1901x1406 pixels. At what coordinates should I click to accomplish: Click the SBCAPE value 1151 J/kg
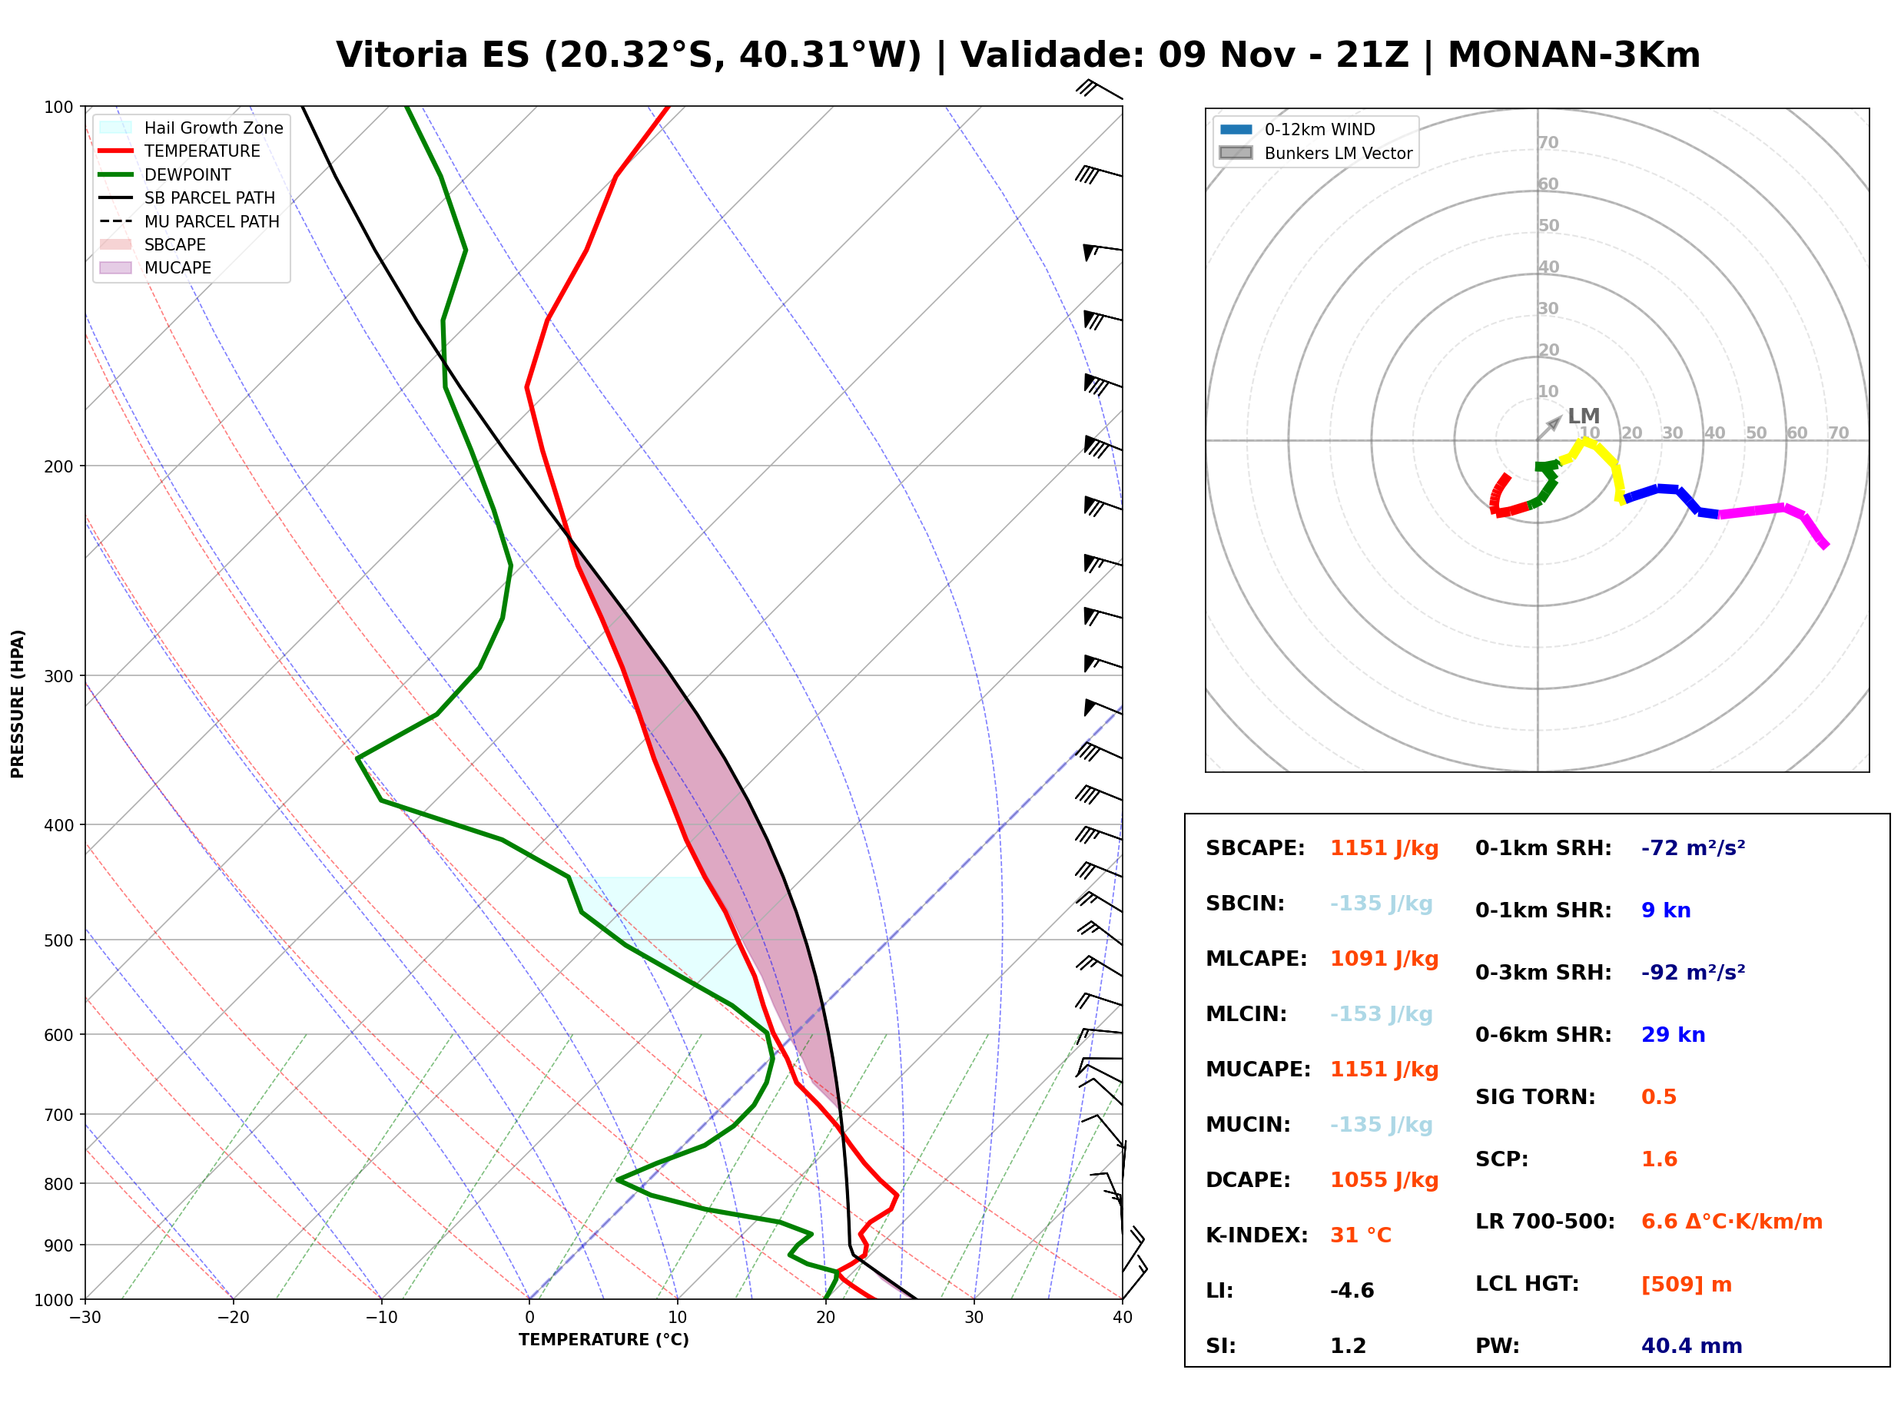pos(1385,848)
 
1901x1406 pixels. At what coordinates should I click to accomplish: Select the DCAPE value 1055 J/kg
pos(1385,1180)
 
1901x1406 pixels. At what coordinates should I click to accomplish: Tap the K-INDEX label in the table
pos(1257,1235)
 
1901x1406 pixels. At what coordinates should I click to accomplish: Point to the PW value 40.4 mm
pos(1692,1346)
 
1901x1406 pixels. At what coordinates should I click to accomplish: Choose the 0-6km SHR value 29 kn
pos(1673,1035)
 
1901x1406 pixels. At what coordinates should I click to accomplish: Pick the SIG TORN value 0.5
pos(1658,1097)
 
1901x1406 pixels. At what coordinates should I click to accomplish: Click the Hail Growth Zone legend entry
pos(191,128)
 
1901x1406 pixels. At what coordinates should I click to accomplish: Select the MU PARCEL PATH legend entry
pos(190,221)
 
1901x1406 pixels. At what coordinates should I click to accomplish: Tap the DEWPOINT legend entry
pos(165,174)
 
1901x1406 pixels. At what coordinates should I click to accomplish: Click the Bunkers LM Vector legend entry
pos(1316,153)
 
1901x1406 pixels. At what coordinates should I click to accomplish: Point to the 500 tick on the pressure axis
pos(61,940)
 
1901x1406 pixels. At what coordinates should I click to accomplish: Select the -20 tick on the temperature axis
pos(233,1318)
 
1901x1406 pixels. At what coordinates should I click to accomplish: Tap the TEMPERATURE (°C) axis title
pos(604,1341)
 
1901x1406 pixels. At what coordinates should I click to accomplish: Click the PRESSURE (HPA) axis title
pos(18,704)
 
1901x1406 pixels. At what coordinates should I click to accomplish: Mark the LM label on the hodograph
pos(1584,416)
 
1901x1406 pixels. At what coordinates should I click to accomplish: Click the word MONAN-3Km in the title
pos(1574,55)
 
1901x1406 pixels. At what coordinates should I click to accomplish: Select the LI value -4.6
pos(1352,1291)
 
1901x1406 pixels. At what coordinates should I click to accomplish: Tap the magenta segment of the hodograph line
pos(1770,511)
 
